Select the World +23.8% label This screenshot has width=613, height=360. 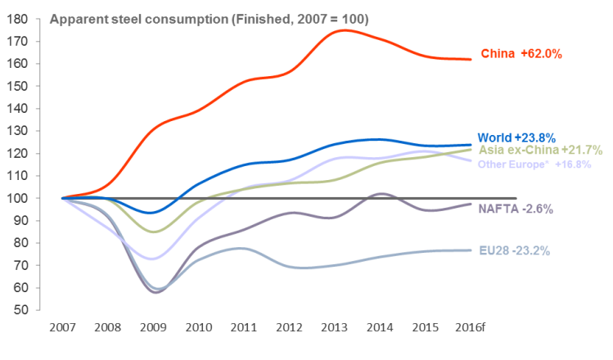click(515, 137)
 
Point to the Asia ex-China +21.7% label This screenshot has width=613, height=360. click(540, 150)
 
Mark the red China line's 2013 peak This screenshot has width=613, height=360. click(342, 30)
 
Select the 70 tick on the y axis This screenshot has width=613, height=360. click(23, 266)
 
